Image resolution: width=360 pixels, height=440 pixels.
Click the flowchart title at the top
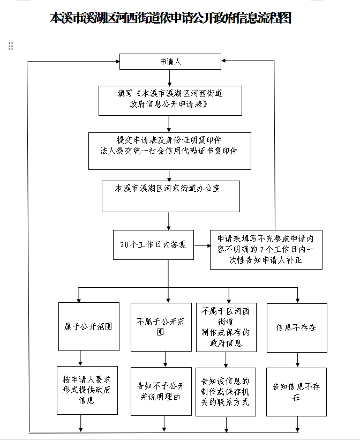pyautogui.click(x=170, y=18)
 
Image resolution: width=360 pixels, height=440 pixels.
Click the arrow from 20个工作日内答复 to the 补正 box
pyautogui.click(x=202, y=246)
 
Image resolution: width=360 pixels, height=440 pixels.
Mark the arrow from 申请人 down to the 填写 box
pyautogui.click(x=169, y=78)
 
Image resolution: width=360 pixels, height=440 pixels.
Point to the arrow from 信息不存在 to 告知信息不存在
pyautogui.click(x=297, y=360)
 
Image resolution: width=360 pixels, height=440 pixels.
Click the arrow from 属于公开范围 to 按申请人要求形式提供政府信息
pyautogui.click(x=80, y=359)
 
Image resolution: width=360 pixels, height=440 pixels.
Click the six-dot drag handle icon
pyautogui.click(x=11, y=46)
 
